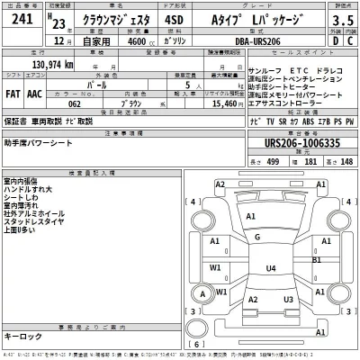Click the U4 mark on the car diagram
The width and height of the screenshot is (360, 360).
coord(270,268)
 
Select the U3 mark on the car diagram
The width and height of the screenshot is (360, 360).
coord(288,299)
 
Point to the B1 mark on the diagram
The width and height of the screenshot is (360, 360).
coord(317,259)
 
